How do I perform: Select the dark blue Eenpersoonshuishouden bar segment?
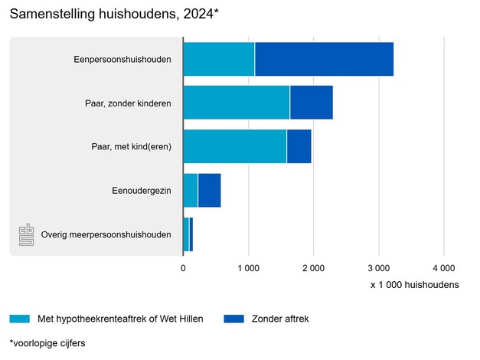pos(324,59)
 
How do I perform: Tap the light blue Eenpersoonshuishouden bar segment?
pos(219,59)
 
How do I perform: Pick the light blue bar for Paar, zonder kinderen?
pos(237,103)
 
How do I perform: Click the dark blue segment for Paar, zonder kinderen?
pos(312,103)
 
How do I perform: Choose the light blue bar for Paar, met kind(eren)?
pos(235,146)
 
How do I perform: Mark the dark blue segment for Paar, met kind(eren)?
pos(299,146)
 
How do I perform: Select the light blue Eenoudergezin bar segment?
pos(191,190)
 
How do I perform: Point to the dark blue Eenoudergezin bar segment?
pos(209,190)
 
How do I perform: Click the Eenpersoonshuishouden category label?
pos(122,59)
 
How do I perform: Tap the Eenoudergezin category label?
pos(140,190)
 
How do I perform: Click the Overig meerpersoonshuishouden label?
pos(106,234)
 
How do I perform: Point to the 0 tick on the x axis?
pos(183,267)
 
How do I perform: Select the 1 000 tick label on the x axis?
pos(249,267)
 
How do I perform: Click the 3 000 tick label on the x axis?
pos(379,267)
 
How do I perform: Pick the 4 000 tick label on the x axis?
pos(444,267)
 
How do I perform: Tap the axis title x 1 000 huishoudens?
pos(414,285)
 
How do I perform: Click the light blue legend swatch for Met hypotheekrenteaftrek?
pos(19,319)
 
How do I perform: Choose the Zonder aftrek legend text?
pos(279,319)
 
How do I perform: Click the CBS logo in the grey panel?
pos(27,234)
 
